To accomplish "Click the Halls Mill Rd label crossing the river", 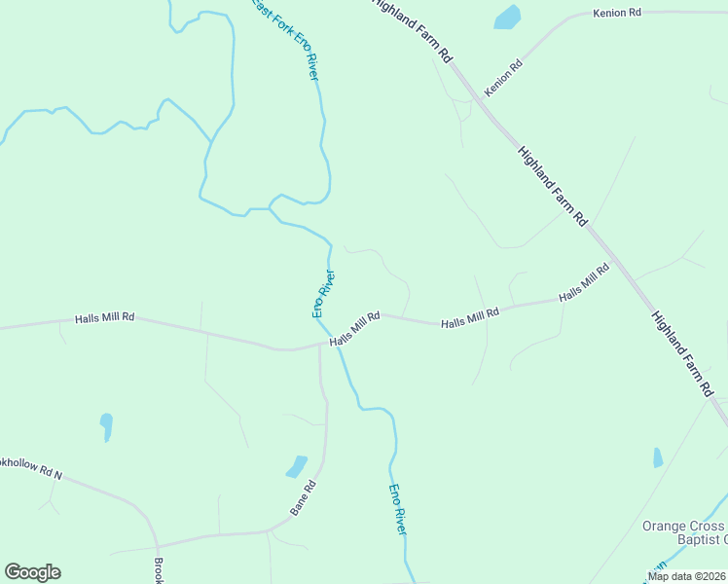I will pyautogui.click(x=354, y=328).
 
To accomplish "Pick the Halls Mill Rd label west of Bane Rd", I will pyautogui.click(x=104, y=318).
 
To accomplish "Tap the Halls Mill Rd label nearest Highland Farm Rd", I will pyautogui.click(x=584, y=282).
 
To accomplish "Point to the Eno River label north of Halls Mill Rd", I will pyautogui.click(x=323, y=293).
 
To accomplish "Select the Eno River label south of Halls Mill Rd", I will pyautogui.click(x=397, y=508).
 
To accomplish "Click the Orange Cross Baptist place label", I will pyautogui.click(x=684, y=532).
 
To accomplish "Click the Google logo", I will pyautogui.click(x=32, y=572).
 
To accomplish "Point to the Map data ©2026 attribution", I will pyautogui.click(x=685, y=576).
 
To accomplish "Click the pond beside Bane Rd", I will pyautogui.click(x=297, y=466).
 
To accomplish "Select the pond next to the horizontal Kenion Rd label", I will pyautogui.click(x=507, y=17).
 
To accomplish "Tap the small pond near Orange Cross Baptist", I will pyautogui.click(x=658, y=457).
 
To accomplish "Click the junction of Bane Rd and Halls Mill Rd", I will pyautogui.click(x=319, y=345).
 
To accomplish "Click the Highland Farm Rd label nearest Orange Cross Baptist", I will pyautogui.click(x=684, y=353).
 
